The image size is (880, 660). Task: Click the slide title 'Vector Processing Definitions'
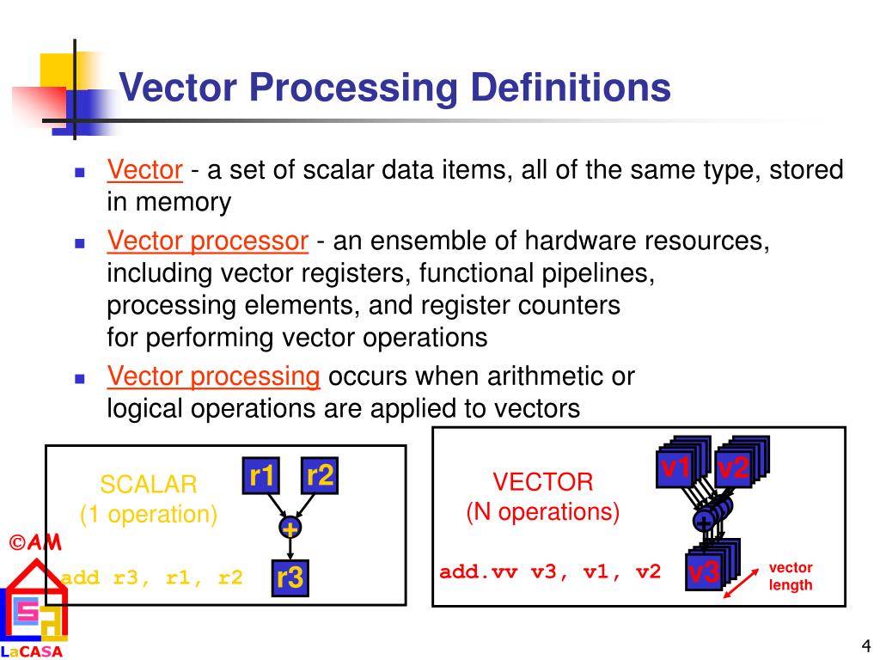coord(394,89)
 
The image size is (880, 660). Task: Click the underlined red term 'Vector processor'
coord(207,242)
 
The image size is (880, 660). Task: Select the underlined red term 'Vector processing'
coord(213,376)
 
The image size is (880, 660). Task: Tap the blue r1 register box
coord(262,475)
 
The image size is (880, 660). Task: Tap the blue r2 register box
coord(319,475)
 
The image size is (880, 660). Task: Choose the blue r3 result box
coord(290,577)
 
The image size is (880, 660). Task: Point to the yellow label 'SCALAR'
coord(149,484)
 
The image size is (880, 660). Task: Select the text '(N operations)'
coord(542,512)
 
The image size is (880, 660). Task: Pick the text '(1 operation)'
coord(149,514)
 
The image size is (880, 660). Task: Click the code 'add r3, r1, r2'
coord(152,577)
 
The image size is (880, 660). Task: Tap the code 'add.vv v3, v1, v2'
coord(550,571)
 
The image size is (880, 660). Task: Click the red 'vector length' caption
coord(790,577)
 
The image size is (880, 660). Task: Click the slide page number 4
coord(865,646)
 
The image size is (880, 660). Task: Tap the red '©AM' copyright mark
coord(35,543)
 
